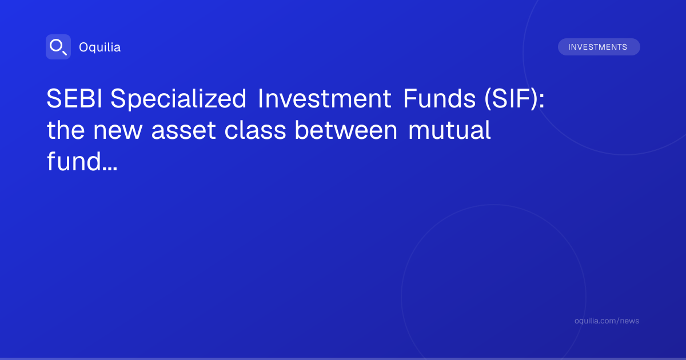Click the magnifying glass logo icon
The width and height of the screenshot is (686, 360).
tap(58, 47)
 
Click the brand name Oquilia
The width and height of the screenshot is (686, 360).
tap(100, 47)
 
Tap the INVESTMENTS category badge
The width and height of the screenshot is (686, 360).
tap(599, 47)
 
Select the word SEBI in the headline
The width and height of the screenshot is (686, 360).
tap(74, 98)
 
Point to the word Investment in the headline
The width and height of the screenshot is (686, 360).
tap(324, 98)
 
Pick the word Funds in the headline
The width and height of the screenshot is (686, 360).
tap(439, 98)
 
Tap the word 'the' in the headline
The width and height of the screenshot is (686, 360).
tap(66, 130)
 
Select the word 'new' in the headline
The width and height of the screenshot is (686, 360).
tap(118, 131)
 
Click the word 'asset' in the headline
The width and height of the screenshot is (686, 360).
tap(184, 131)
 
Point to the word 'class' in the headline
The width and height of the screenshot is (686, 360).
tap(255, 130)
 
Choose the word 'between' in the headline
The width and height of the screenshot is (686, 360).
tap(346, 130)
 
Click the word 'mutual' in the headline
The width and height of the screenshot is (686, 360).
tap(449, 130)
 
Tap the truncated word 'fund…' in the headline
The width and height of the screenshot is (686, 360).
tap(82, 161)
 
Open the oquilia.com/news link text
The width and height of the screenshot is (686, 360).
tap(607, 321)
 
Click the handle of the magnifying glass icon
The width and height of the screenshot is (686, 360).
tap(65, 53)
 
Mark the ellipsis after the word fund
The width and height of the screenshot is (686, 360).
tap(110, 169)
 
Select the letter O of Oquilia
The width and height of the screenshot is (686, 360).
tap(83, 47)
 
